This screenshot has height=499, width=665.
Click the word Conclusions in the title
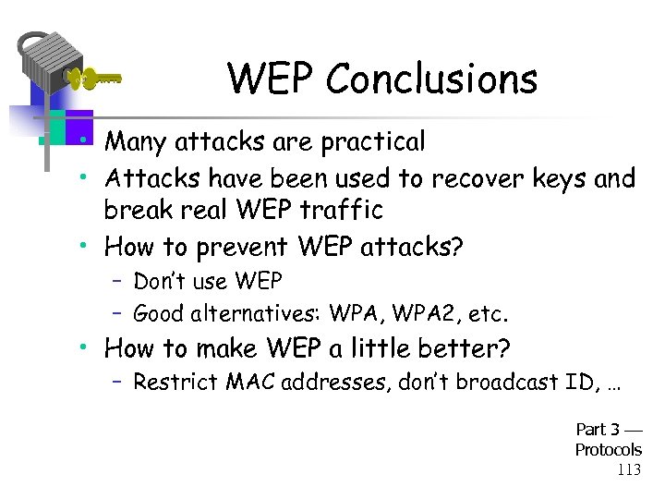[433, 79]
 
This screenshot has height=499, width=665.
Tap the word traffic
[337, 211]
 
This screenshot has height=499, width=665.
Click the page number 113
[628, 469]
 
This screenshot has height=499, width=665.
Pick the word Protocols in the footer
[608, 450]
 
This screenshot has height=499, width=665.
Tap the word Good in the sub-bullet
[158, 313]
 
